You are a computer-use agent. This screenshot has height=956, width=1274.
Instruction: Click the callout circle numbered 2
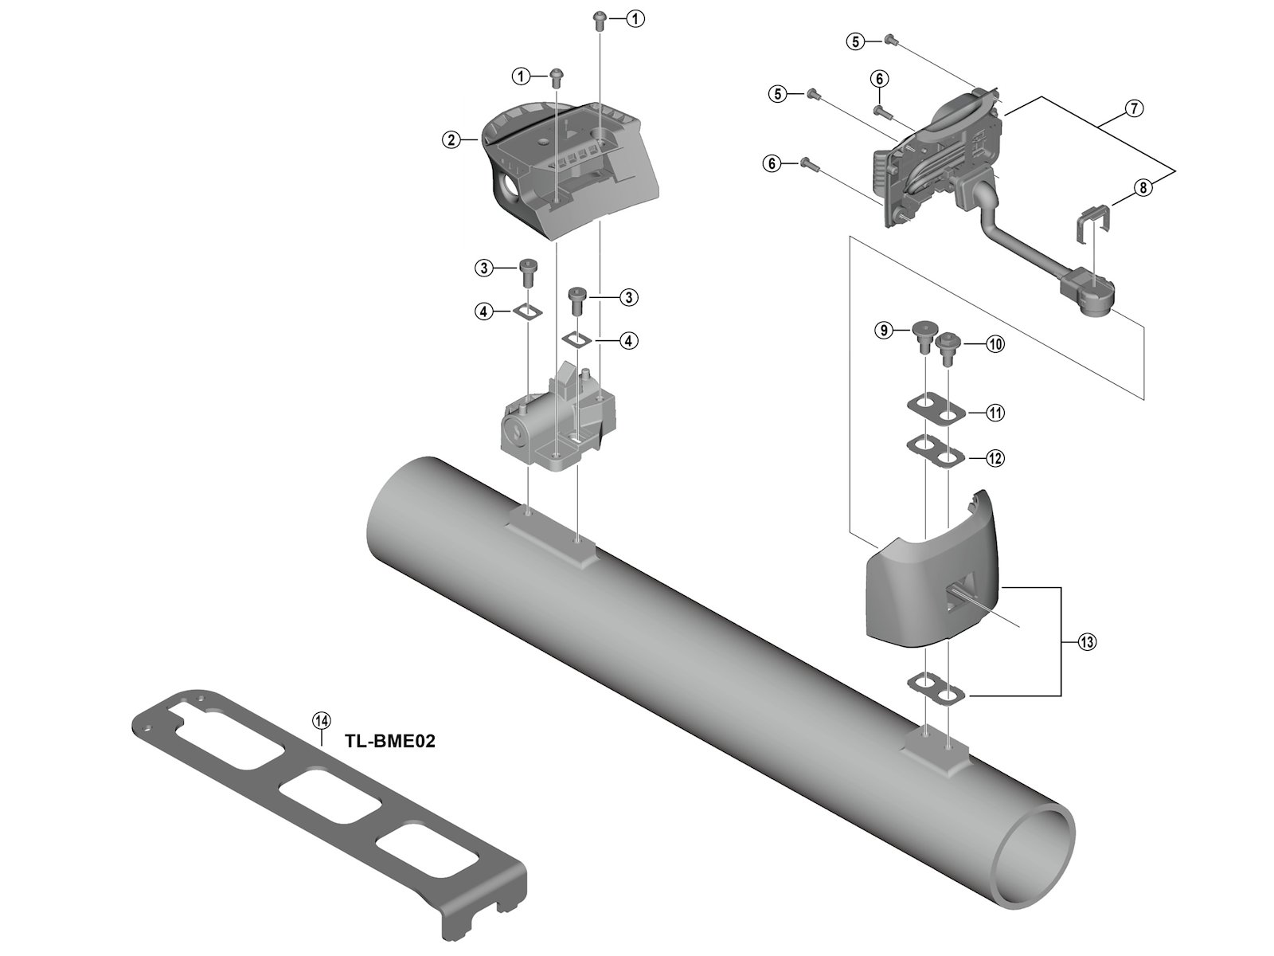[x=451, y=140]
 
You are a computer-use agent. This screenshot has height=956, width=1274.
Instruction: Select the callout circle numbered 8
[x=1143, y=188]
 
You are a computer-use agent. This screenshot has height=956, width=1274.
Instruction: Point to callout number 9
[x=883, y=330]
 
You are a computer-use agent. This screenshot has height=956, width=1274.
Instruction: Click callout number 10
[x=995, y=344]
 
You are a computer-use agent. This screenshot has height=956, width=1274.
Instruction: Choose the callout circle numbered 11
[x=995, y=413]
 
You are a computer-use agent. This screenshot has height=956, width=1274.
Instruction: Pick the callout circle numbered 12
[x=995, y=458]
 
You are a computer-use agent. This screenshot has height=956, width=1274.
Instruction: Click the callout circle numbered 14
[x=321, y=721]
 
